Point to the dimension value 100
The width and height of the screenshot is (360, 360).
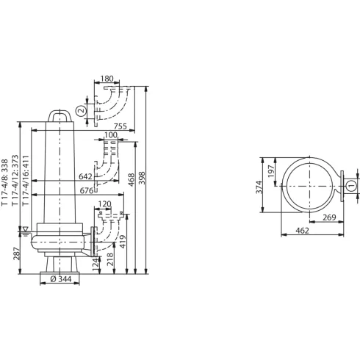(110, 135)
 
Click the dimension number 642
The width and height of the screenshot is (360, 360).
(84, 177)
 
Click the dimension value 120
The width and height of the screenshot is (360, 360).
(104, 204)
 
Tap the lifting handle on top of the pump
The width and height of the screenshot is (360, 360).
(60, 115)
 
